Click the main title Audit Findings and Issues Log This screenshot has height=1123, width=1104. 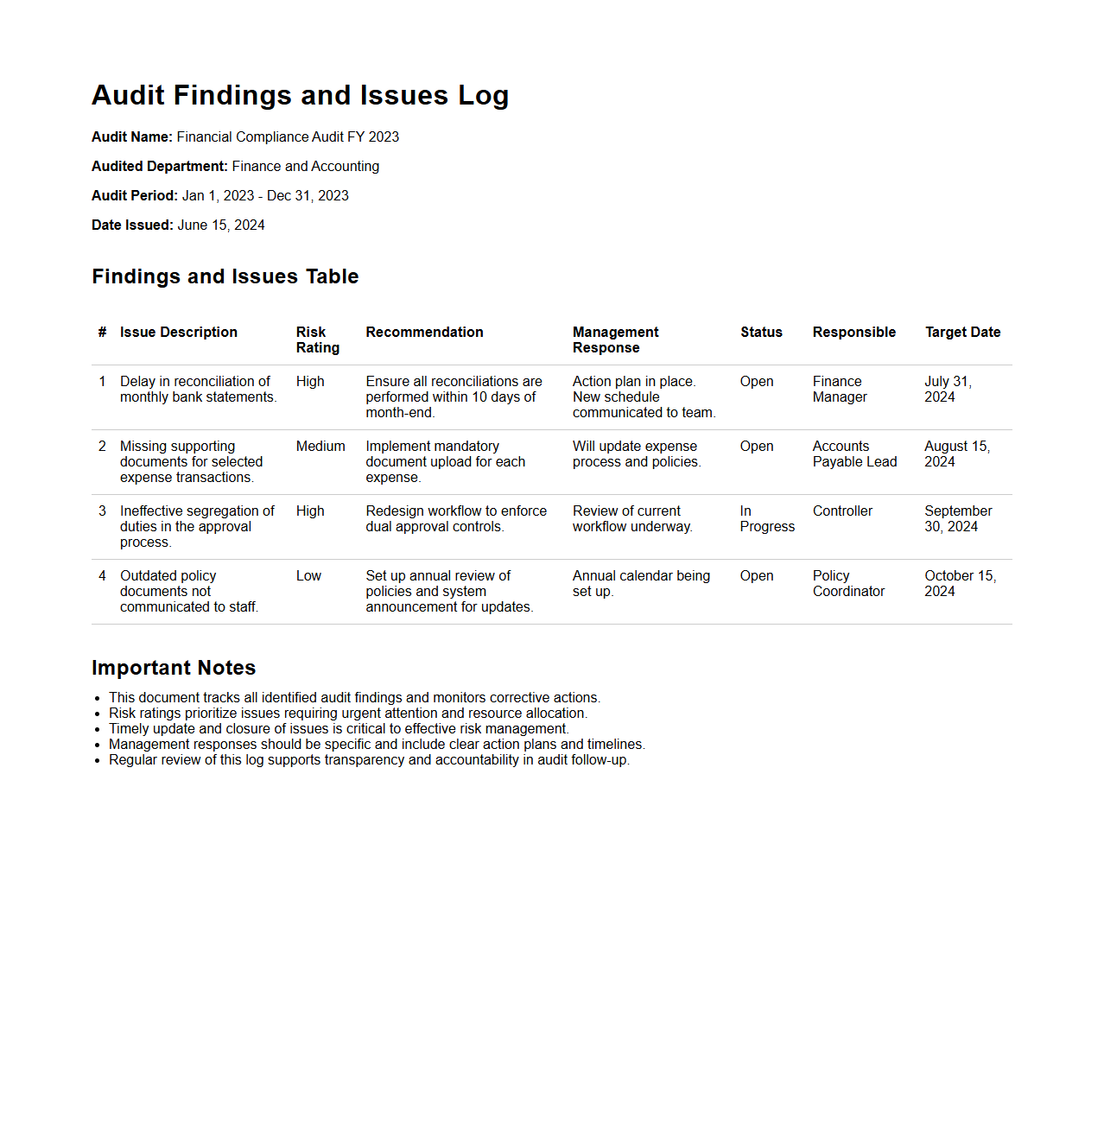click(300, 95)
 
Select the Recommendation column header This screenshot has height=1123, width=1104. click(424, 332)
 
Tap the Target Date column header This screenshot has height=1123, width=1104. click(962, 332)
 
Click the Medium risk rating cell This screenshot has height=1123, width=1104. click(320, 446)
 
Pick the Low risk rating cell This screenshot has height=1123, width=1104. click(308, 575)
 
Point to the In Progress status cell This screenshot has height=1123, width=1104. click(766, 518)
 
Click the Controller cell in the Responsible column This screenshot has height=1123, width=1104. click(842, 511)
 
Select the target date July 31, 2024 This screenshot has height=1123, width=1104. click(948, 389)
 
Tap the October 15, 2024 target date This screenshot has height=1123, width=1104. click(960, 583)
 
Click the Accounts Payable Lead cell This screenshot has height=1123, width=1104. click(854, 454)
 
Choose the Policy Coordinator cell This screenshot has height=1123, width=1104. click(848, 583)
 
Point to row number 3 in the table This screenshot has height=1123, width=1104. click(102, 511)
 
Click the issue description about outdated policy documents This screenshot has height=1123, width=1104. click(189, 591)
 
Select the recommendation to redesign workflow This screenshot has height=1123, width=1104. click(456, 518)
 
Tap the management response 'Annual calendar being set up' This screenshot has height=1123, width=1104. click(641, 583)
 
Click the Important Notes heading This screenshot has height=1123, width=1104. click(174, 668)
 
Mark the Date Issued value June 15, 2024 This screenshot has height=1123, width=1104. click(221, 225)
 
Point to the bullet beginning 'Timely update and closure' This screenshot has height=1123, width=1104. click(339, 728)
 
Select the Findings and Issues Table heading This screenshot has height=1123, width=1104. click(225, 276)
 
